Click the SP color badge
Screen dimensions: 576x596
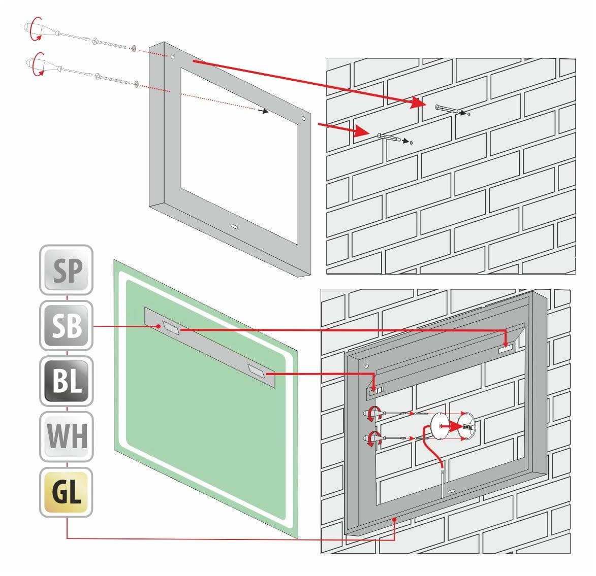click(x=67, y=269)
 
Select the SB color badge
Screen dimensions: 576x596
click(x=67, y=325)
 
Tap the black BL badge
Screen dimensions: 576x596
click(x=67, y=381)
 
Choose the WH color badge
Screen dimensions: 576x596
click(x=67, y=436)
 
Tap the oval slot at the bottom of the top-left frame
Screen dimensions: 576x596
click(x=236, y=225)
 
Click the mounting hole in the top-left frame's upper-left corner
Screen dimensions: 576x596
click(x=172, y=57)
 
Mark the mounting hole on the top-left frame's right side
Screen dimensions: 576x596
click(x=303, y=120)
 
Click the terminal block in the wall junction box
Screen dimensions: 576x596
click(x=466, y=428)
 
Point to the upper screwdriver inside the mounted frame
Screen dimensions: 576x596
click(x=373, y=413)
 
